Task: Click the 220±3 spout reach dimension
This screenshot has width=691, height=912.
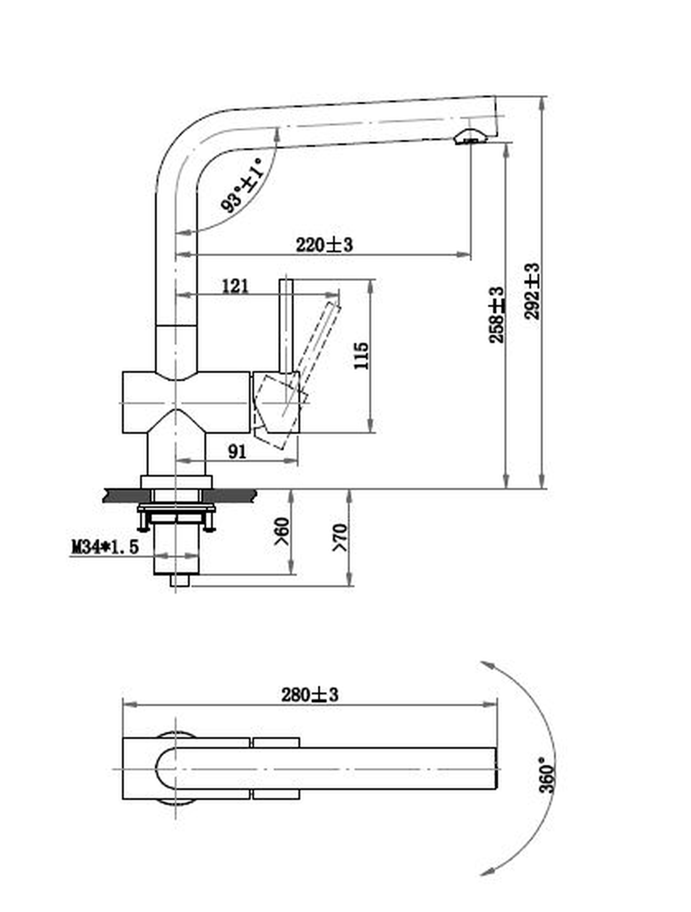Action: (324, 245)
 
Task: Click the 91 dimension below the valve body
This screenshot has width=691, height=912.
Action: (237, 452)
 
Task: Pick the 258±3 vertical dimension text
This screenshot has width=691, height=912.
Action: (497, 315)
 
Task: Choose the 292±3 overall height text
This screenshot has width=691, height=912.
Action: (532, 291)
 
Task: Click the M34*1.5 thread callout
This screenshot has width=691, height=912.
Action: (105, 547)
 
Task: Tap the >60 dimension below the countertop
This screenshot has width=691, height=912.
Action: (282, 531)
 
